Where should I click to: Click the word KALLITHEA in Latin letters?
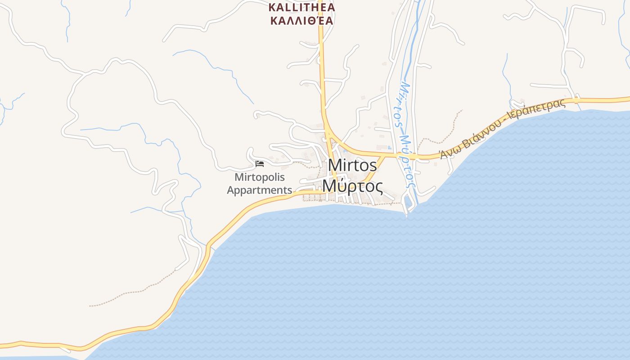pyautogui.click(x=301, y=8)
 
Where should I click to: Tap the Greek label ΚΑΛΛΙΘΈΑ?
pyautogui.click(x=301, y=21)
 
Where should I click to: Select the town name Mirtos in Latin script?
pyautogui.click(x=352, y=165)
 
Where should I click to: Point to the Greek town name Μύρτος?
pyautogui.click(x=353, y=185)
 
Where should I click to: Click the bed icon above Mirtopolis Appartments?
pyautogui.click(x=260, y=164)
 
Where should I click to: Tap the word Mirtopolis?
pyautogui.click(x=260, y=177)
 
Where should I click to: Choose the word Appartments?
pyautogui.click(x=260, y=190)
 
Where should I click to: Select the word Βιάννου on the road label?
pyautogui.click(x=481, y=135)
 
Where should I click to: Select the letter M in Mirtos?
pyautogui.click(x=334, y=165)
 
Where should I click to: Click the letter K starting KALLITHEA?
pyautogui.click(x=272, y=8)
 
